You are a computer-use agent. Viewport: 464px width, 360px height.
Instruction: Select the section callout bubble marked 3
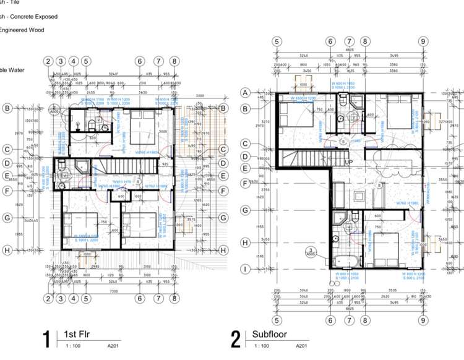click(311, 251)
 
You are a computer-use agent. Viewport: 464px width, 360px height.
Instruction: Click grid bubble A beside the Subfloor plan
click(245, 93)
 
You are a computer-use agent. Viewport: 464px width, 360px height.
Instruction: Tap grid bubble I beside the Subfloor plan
click(245, 269)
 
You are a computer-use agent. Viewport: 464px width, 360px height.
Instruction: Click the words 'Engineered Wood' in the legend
click(23, 30)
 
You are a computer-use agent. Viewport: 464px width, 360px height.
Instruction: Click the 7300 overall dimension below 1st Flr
click(113, 291)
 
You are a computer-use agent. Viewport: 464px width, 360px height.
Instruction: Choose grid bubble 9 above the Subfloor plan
click(423, 41)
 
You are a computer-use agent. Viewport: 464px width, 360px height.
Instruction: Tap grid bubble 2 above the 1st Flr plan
click(48, 61)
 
